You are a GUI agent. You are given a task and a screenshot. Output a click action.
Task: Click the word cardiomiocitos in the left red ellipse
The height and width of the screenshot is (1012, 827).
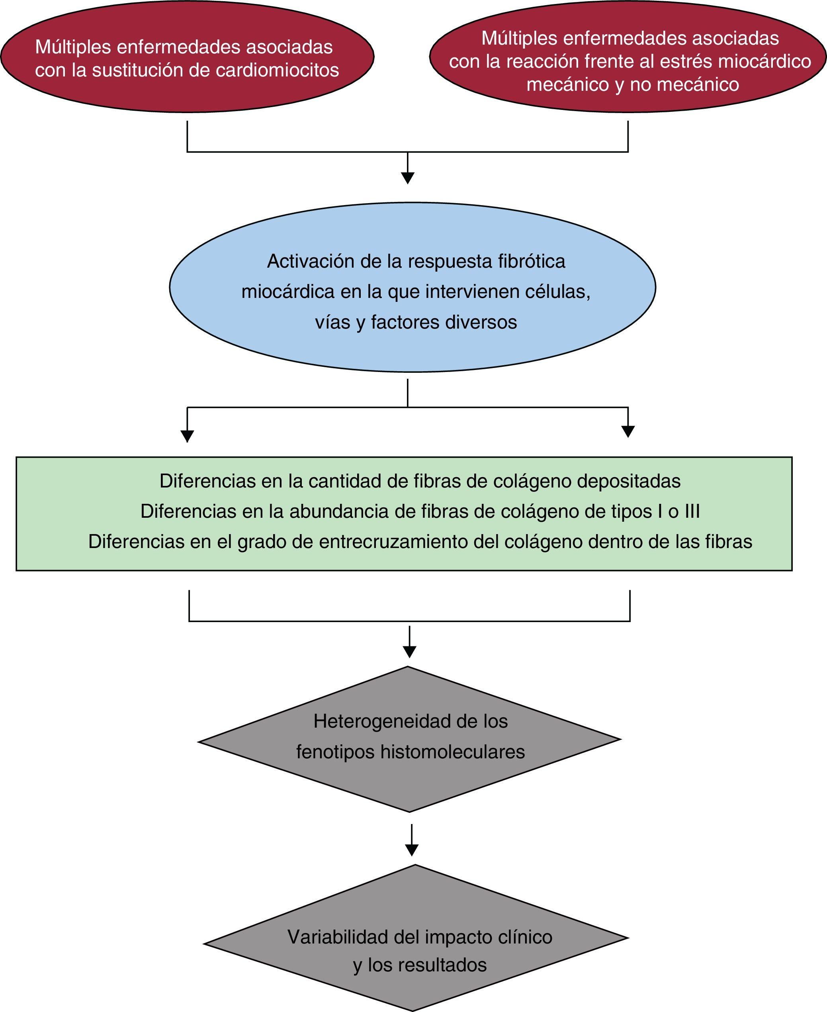pyautogui.click(x=277, y=70)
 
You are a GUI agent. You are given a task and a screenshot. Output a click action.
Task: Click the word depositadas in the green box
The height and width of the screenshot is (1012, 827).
pyautogui.click(x=628, y=481)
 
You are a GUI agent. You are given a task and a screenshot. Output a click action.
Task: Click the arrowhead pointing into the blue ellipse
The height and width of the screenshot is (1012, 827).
pyautogui.click(x=407, y=178)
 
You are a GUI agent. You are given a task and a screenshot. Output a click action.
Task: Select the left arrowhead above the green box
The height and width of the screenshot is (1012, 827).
pyautogui.click(x=187, y=436)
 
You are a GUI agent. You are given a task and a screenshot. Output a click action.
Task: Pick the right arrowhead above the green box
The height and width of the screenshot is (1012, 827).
pyautogui.click(x=628, y=431)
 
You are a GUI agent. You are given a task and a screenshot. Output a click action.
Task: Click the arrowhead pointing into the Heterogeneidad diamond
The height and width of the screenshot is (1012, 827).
pyautogui.click(x=409, y=651)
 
